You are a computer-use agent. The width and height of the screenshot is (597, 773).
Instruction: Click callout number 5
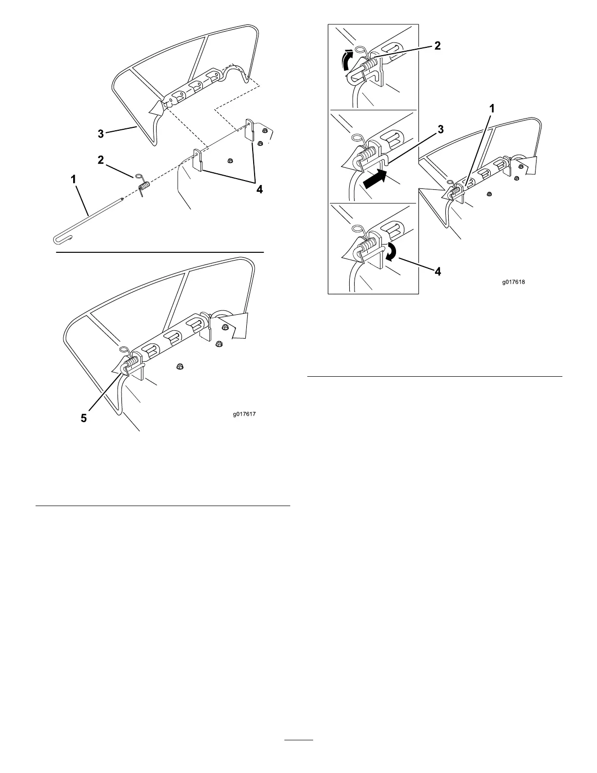point(84,418)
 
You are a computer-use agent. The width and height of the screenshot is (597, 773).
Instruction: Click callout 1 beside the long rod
point(74,180)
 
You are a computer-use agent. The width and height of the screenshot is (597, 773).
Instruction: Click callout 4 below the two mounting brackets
point(259,189)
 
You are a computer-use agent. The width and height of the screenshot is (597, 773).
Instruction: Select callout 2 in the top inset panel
point(437,46)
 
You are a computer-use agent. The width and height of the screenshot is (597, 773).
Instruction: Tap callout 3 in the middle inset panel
point(440,129)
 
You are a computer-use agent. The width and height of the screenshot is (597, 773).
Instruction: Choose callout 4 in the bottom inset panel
point(438,272)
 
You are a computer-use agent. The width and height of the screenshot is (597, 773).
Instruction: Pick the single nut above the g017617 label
point(179,365)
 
